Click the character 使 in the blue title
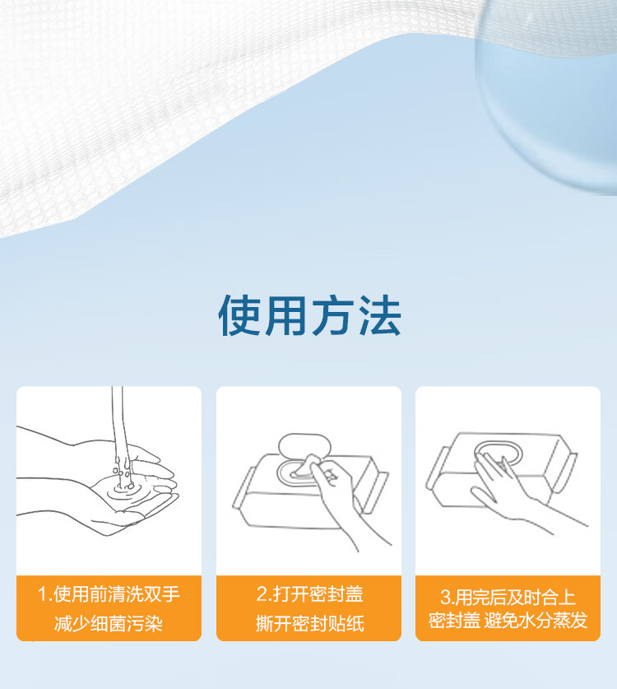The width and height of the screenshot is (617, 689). (239, 315)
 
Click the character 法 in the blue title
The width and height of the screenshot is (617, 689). (379, 315)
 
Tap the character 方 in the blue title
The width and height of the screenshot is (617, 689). (333, 315)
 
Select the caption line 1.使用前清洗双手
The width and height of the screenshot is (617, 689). (109, 594)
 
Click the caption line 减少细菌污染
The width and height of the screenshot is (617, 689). (109, 623)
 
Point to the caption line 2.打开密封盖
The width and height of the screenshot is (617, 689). (309, 594)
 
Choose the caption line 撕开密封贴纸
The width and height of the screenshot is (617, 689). (309, 623)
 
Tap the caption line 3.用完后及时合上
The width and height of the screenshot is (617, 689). (508, 598)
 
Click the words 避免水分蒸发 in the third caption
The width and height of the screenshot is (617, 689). (536, 621)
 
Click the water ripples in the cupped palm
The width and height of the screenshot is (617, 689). (124, 490)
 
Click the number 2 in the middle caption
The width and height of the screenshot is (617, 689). (262, 594)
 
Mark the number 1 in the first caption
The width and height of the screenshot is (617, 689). (42, 594)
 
